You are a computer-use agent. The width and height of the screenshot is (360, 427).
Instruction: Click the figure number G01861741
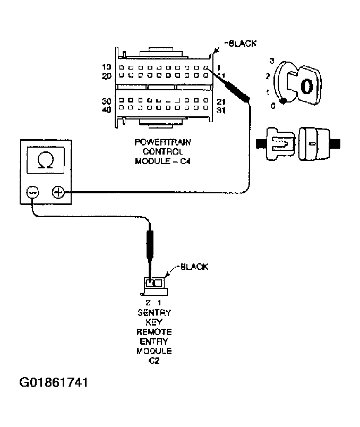[x=53, y=382]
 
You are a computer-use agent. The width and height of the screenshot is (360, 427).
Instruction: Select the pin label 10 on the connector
[x=107, y=67]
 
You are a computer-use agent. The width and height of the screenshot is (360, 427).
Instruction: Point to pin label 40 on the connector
[x=107, y=110]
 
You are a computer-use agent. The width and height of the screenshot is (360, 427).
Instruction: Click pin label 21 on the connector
[x=222, y=101]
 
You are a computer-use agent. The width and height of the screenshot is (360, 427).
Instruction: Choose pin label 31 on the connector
[x=222, y=110]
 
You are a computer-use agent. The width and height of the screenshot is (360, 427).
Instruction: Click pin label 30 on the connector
[x=107, y=101]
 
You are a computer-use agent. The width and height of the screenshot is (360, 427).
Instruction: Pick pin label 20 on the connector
[x=107, y=76]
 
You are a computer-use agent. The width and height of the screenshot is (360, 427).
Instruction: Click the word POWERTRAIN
[x=155, y=142]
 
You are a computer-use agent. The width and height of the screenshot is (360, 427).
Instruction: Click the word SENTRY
[x=154, y=313]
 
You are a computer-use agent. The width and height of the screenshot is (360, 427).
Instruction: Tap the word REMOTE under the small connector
[x=154, y=332]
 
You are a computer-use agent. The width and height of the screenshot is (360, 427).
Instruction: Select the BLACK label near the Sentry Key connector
[x=194, y=267]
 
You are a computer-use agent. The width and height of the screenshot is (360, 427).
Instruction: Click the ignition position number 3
[x=271, y=61]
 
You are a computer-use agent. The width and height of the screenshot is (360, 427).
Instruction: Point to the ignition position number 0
[x=272, y=106]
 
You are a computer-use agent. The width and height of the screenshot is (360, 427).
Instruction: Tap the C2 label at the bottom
[x=154, y=361]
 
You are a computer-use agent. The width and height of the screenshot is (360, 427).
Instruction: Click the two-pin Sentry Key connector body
[x=153, y=285]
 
